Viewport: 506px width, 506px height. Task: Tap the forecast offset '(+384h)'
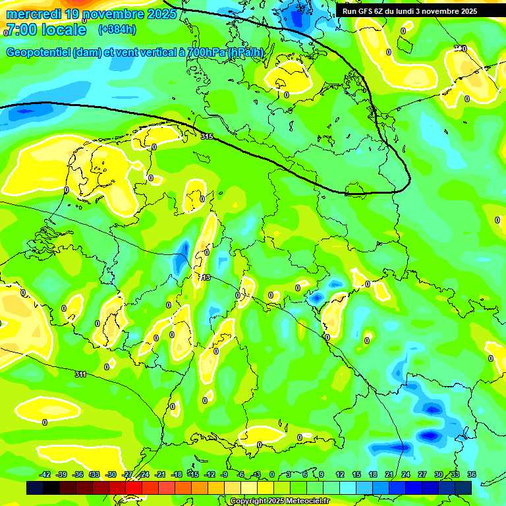pos(117,29)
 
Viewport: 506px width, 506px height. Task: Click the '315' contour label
pos(207,136)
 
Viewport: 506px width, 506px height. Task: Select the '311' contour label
pos(80,374)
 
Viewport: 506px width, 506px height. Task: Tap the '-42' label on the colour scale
pos(45,474)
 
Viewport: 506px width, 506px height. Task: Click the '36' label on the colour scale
pos(471,474)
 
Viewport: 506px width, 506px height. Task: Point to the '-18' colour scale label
pos(177,474)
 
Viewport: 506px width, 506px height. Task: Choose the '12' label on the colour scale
pos(340,474)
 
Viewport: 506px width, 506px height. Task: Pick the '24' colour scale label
pos(406,474)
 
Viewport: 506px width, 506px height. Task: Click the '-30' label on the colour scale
pos(111,474)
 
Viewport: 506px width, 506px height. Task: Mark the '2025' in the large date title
pos(158,13)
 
